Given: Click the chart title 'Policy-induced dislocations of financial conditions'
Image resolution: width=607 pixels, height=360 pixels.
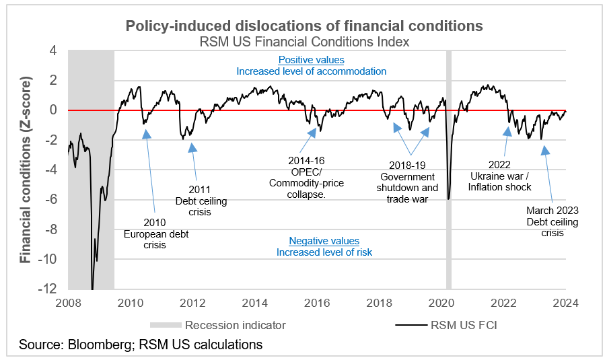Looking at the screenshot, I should [x=304, y=26].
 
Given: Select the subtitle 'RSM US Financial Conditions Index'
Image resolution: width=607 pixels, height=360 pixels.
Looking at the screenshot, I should [x=304, y=42].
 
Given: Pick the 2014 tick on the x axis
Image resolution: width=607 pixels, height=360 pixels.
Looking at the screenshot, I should [x=255, y=302].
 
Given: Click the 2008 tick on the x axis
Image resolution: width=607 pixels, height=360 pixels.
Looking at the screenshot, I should [x=69, y=302].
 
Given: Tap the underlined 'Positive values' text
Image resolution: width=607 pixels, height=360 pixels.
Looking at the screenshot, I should [x=311, y=60].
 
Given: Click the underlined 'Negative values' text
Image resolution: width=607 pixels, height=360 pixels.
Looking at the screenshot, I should [x=324, y=241].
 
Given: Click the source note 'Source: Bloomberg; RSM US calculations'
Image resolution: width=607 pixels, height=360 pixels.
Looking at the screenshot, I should [x=141, y=345].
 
